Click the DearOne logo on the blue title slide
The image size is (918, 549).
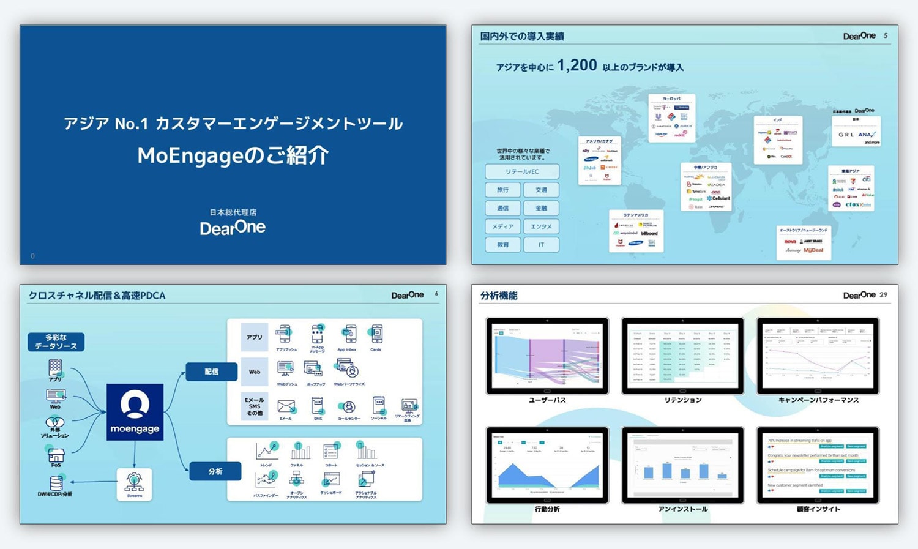point(233,228)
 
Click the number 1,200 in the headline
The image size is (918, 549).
point(577,65)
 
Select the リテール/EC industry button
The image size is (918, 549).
point(522,171)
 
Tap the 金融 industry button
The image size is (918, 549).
point(541,208)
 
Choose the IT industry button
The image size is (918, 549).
point(541,245)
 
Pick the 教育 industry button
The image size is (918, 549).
point(503,245)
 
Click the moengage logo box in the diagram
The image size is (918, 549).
point(135,412)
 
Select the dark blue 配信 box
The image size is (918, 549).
point(211,372)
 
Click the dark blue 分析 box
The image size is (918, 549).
point(215,471)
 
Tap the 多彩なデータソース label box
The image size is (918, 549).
point(56,342)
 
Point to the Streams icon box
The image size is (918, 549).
point(134,484)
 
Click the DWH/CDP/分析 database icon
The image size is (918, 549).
point(56,483)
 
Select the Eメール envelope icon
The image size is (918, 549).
point(286,406)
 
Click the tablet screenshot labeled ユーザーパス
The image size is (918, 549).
point(547,355)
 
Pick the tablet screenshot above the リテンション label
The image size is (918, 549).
point(682,355)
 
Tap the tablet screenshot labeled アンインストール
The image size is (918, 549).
point(682,465)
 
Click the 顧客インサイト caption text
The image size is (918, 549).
point(818,509)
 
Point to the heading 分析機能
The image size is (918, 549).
point(499,296)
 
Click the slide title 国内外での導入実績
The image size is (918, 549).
point(522,37)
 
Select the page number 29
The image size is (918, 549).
point(883,295)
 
